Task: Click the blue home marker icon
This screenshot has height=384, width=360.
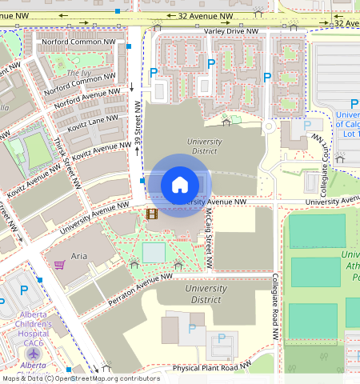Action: click(x=180, y=185)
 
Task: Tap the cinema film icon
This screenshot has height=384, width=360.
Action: click(x=152, y=213)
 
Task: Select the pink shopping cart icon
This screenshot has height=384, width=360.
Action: click(x=59, y=264)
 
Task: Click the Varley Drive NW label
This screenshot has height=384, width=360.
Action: click(x=231, y=31)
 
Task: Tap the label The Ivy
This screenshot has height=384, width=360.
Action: click(x=78, y=73)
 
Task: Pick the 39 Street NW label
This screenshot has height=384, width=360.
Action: click(x=138, y=125)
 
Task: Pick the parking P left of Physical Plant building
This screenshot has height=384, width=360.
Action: click(x=191, y=328)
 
